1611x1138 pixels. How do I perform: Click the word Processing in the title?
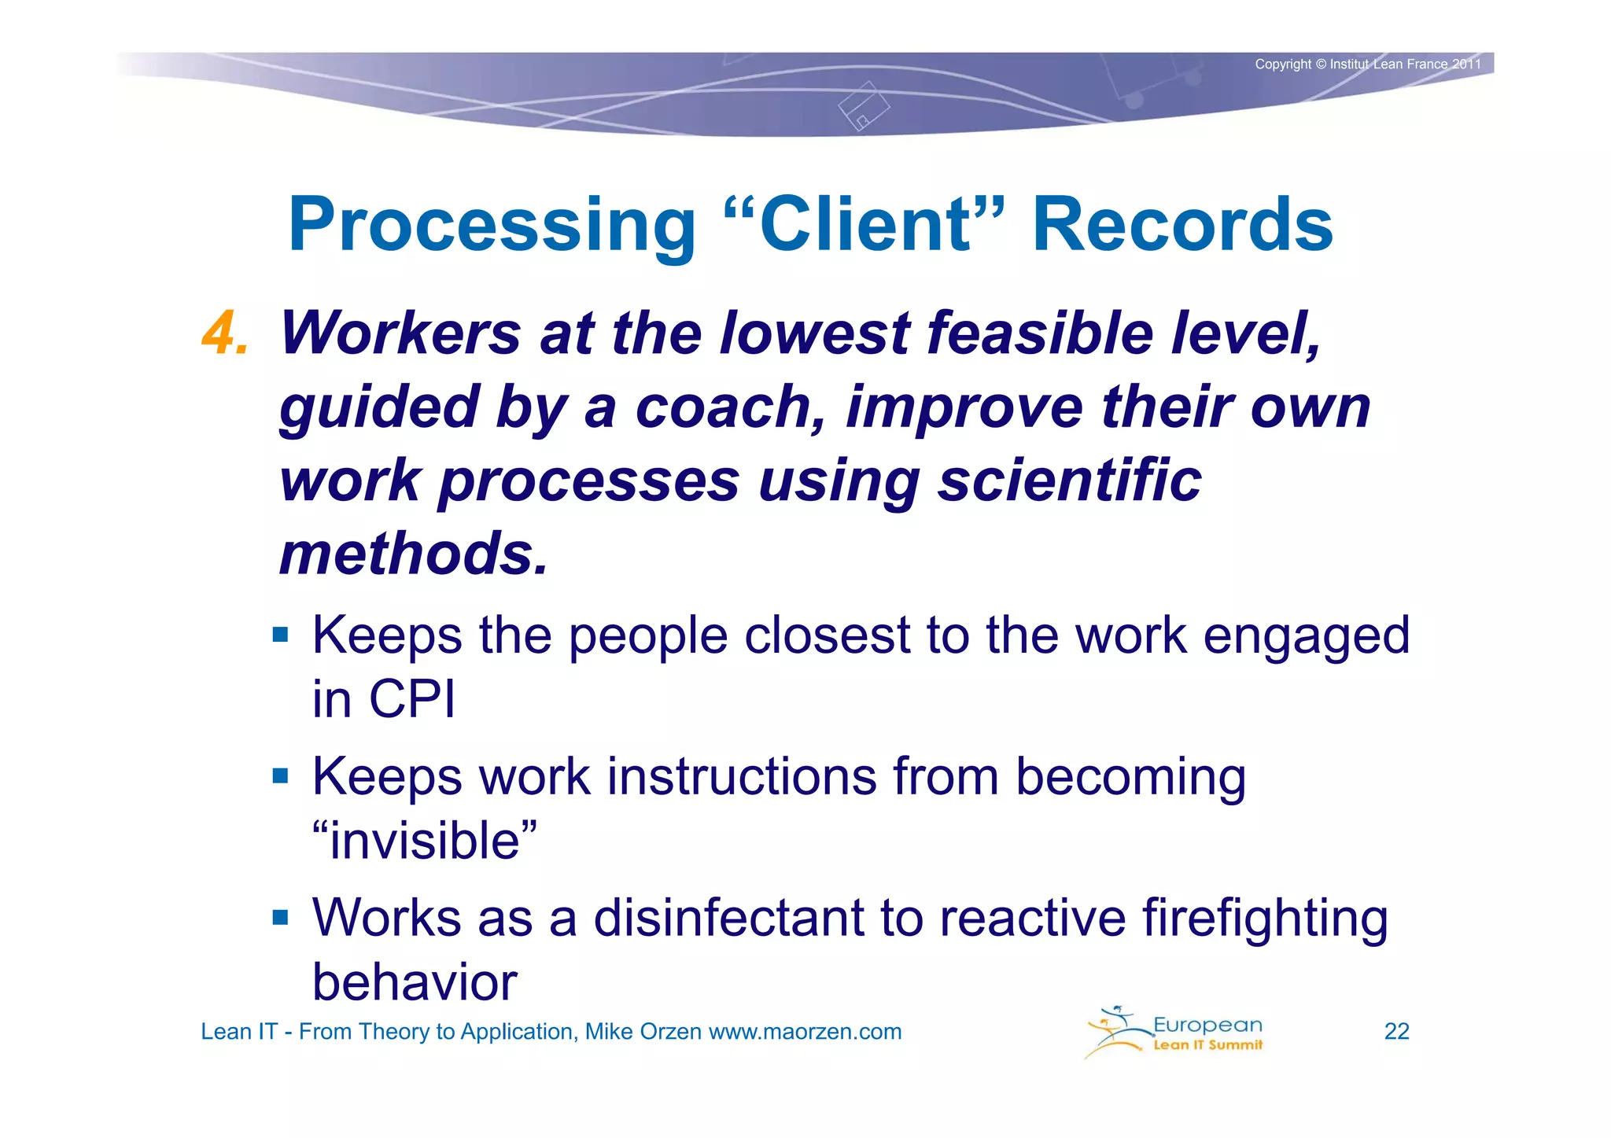click(x=492, y=226)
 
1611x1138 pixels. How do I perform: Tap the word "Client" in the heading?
click(x=864, y=225)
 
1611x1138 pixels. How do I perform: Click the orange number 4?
click(x=225, y=333)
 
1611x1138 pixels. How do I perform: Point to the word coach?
click(x=730, y=407)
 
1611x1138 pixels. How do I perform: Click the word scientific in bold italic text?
click(x=1069, y=480)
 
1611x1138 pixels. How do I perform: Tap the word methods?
click(x=412, y=553)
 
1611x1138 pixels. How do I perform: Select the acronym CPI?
click(x=412, y=698)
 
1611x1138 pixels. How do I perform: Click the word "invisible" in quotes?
click(x=425, y=840)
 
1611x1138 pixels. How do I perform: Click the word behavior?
click(x=415, y=982)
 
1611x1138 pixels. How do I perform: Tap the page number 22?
click(x=1396, y=1031)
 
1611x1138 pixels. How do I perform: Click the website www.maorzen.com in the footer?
click(x=805, y=1032)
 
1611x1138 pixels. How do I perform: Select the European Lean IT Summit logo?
click(x=1174, y=1032)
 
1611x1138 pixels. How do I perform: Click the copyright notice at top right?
click(x=1367, y=64)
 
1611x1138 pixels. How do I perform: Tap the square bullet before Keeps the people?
click(x=281, y=634)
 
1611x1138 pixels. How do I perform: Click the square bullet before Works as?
click(x=281, y=917)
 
